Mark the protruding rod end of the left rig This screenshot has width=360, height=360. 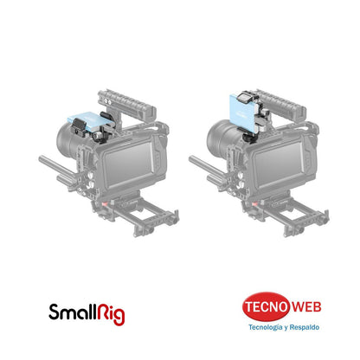point(45,160)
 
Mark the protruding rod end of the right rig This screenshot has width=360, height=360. point(195,160)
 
